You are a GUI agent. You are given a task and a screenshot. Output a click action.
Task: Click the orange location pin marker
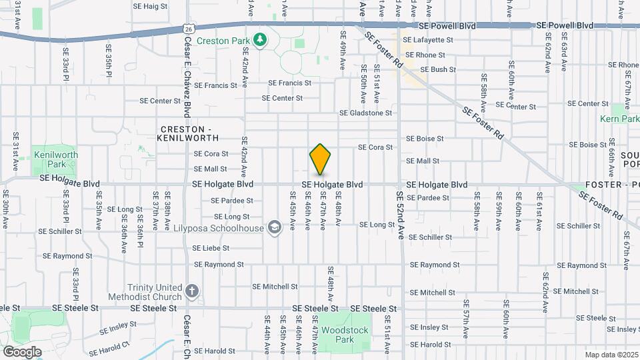click(320, 159)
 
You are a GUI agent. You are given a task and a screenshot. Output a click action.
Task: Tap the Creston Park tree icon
click(259, 40)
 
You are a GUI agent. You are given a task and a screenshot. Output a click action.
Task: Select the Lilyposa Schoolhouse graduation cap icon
click(273, 228)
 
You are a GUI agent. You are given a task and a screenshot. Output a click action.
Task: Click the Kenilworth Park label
click(55, 159)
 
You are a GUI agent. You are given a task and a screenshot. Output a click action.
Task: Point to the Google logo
click(23, 351)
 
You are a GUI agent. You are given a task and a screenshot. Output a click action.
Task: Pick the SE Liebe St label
click(211, 248)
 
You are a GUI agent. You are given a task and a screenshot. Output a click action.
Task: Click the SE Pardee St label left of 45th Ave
click(231, 201)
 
